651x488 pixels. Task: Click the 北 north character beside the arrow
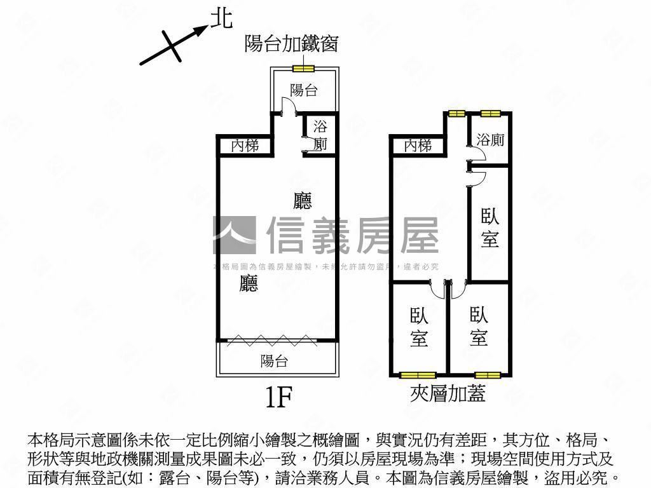(x=221, y=19)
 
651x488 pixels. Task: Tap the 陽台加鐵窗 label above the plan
(x=291, y=44)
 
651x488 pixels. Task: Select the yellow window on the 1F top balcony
(x=303, y=69)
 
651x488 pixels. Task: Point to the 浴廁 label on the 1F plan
(x=320, y=135)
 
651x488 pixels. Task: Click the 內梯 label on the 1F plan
(x=245, y=146)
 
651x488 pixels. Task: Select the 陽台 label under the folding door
(x=274, y=362)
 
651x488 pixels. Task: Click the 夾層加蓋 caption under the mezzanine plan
(x=448, y=394)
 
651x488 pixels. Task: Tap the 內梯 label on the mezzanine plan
(x=418, y=146)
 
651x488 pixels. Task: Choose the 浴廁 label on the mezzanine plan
(x=490, y=140)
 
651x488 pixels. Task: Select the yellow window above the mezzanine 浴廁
(x=490, y=114)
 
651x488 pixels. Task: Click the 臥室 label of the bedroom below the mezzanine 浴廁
(x=490, y=228)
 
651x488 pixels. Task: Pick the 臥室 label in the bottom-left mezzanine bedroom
(x=419, y=327)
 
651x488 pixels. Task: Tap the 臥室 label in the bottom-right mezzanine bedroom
(x=479, y=326)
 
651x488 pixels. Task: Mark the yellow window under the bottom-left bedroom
(x=417, y=375)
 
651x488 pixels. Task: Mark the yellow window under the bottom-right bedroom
(x=488, y=375)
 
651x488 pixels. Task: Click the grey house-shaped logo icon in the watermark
(x=234, y=235)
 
